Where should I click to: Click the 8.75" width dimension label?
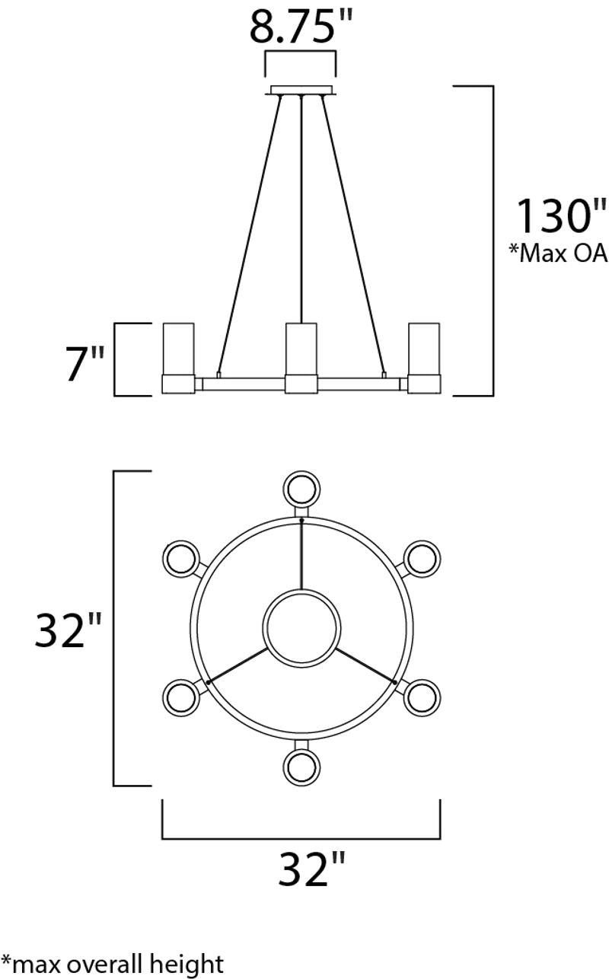click(x=303, y=29)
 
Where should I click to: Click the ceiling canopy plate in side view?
click(x=302, y=91)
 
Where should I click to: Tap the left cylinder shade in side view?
click(x=179, y=349)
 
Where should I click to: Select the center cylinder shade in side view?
click(x=301, y=349)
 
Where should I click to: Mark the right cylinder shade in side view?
click(x=424, y=349)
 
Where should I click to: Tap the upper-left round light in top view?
click(x=181, y=558)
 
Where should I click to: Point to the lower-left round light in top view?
click(x=181, y=697)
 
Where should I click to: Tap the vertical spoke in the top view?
click(x=302, y=554)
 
